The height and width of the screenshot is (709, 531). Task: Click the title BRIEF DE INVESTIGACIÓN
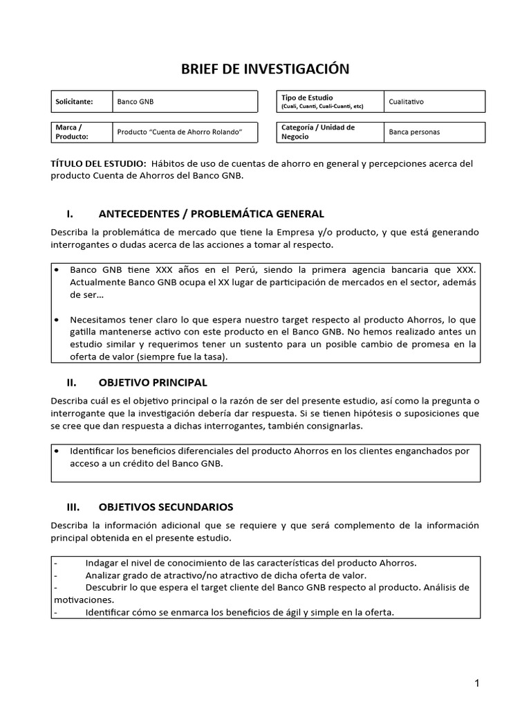tap(265, 69)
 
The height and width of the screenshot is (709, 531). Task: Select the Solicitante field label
tap(74, 102)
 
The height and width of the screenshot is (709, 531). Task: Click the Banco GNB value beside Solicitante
tap(136, 102)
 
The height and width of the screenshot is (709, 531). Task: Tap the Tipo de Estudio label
tap(307, 98)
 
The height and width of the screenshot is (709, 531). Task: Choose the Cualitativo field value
tap(407, 102)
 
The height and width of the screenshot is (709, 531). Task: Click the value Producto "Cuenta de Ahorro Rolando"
tap(178, 132)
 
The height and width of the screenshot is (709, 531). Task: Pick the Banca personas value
tap(414, 132)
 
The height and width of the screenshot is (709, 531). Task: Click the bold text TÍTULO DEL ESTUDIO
tap(98, 163)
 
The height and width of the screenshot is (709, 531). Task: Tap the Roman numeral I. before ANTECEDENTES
tap(70, 213)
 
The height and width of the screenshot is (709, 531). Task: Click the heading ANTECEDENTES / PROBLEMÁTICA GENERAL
tap(212, 213)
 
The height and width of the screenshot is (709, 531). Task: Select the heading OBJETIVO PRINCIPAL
tap(153, 382)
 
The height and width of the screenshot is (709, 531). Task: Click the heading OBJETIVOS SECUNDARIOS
tap(166, 507)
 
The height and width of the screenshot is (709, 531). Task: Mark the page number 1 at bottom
tap(477, 683)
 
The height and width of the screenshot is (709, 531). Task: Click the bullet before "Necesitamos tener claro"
tap(57, 319)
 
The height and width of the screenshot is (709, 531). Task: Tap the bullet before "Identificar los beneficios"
tap(57, 451)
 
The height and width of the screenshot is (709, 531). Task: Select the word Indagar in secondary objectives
tap(102, 562)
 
